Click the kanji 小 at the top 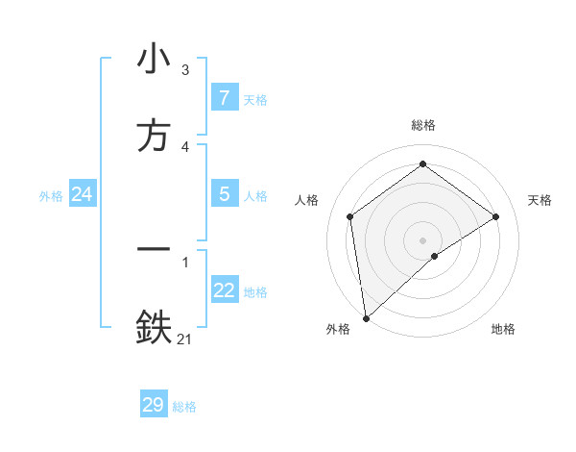tap(154, 60)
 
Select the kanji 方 tap(154, 136)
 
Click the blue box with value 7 tap(224, 98)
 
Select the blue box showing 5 tap(224, 194)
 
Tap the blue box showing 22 tap(224, 290)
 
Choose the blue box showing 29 tap(153, 405)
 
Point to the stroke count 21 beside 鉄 tap(185, 338)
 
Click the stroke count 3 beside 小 tap(185, 70)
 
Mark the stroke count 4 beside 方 tap(185, 146)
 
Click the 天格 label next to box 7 tap(255, 100)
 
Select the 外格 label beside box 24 tap(51, 196)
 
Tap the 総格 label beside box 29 tap(184, 407)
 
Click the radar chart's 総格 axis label tap(423, 125)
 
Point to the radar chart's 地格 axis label tap(503, 329)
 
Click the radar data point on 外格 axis tap(365, 317)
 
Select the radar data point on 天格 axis tap(496, 216)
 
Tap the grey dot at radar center tap(423, 239)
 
